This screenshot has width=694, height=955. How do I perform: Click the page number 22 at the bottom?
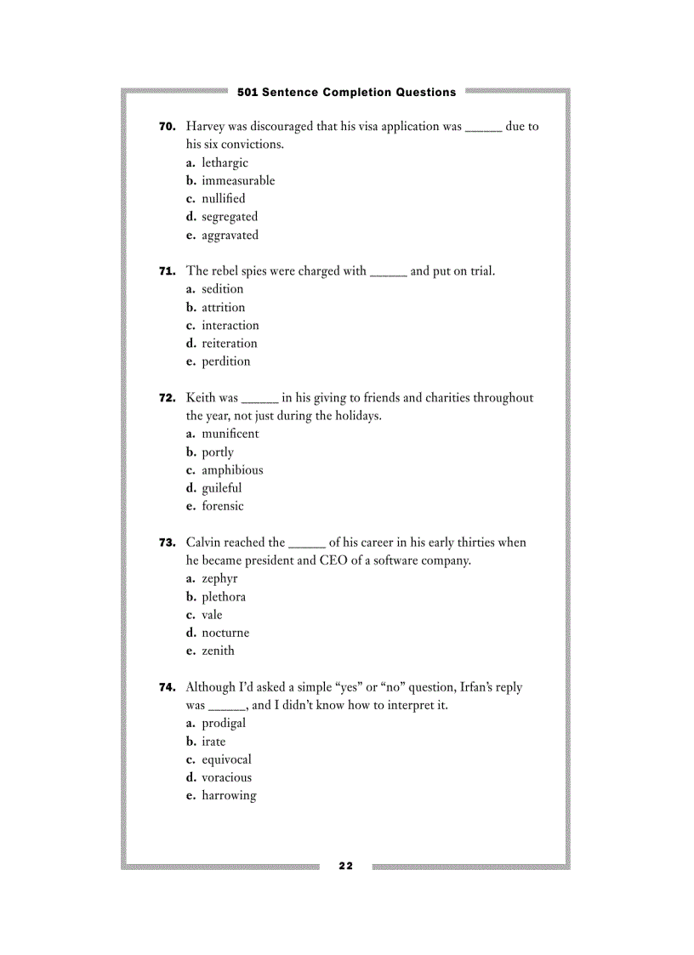click(345, 866)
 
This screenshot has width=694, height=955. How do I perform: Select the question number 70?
click(168, 127)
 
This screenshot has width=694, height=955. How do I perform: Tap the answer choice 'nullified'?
click(223, 199)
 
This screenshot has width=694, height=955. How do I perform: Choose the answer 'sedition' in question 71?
click(222, 289)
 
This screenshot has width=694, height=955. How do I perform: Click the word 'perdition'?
click(225, 361)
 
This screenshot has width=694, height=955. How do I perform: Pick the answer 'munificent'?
click(230, 434)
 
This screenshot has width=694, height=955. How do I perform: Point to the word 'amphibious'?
click(232, 470)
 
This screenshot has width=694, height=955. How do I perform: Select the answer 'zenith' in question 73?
click(218, 651)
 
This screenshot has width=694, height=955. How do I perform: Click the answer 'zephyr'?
click(219, 579)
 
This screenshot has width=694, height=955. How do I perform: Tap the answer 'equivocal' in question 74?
click(226, 759)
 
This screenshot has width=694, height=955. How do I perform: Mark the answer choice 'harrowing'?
click(229, 796)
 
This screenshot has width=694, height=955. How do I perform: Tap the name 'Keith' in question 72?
click(200, 398)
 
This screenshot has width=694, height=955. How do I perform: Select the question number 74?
click(168, 687)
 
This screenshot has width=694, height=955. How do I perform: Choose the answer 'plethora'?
click(223, 597)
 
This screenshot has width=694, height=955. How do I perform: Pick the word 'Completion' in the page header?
click(358, 92)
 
